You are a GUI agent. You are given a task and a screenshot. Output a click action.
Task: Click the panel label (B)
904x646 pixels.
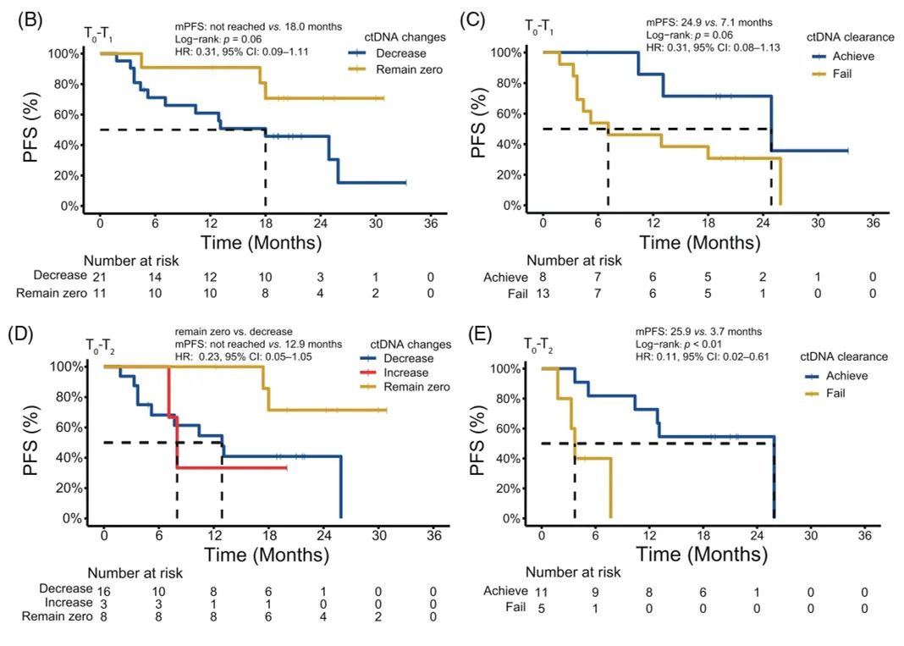(x=28, y=19)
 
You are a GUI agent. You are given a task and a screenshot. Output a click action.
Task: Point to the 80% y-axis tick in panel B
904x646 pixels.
(x=65, y=84)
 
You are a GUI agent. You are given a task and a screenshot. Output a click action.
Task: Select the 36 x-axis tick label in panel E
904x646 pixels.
(x=865, y=536)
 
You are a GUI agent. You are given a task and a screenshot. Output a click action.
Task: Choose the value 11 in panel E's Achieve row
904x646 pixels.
(x=540, y=590)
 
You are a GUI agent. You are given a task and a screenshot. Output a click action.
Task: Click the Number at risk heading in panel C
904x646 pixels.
(x=574, y=261)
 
